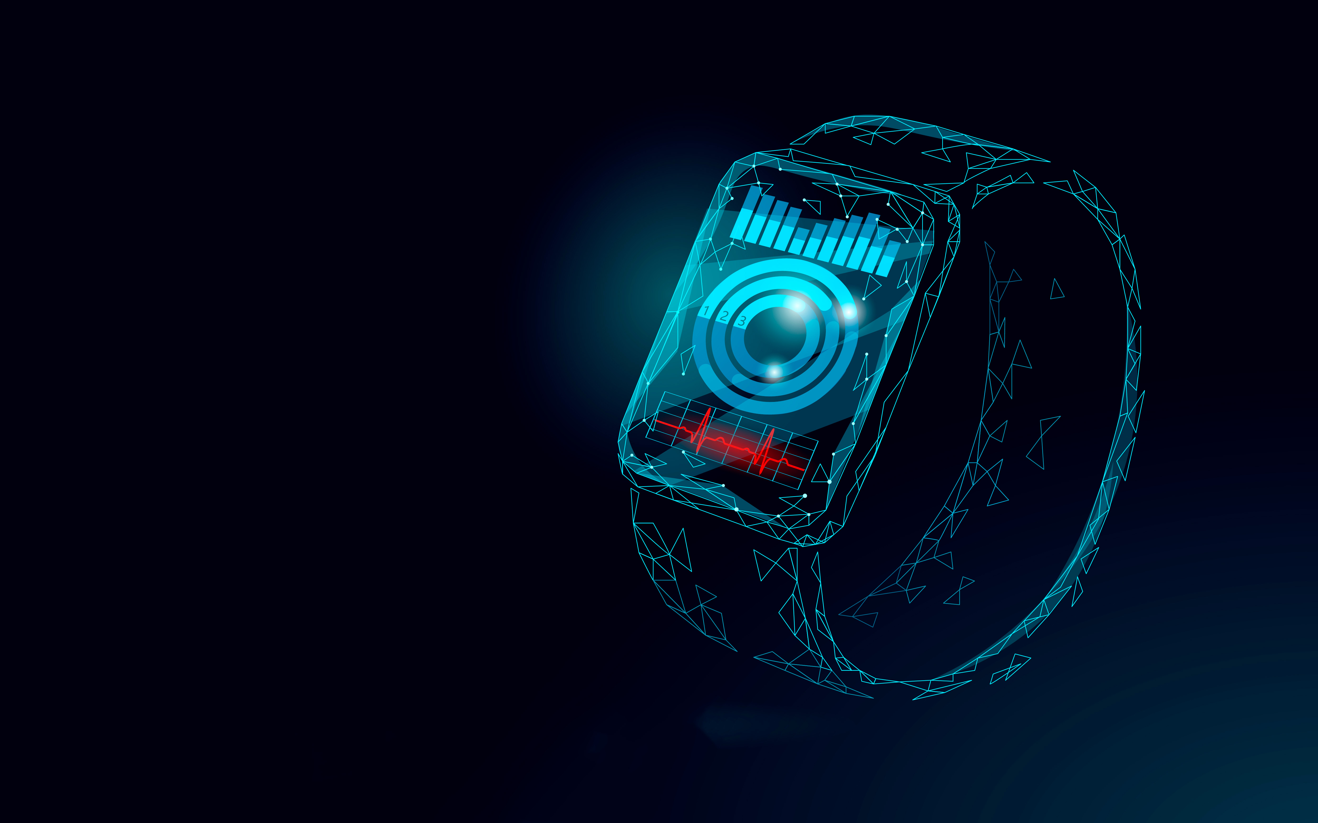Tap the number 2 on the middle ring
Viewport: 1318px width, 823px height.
724,316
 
